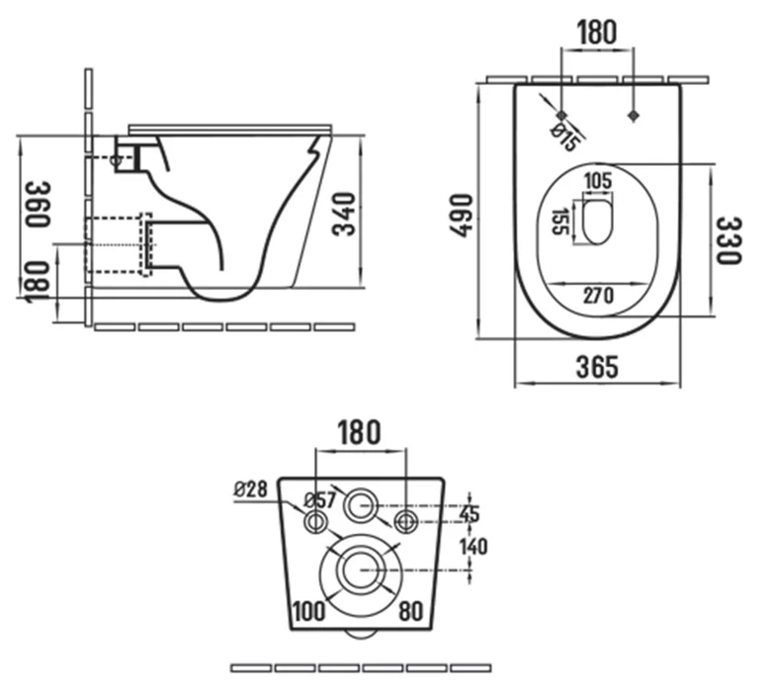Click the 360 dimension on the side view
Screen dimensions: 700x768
click(39, 204)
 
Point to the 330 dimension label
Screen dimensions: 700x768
click(728, 240)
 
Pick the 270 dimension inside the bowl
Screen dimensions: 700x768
click(597, 295)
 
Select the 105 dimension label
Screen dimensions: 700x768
click(598, 181)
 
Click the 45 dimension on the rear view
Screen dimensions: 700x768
click(470, 513)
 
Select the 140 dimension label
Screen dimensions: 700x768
click(473, 545)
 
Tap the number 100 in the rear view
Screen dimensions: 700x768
click(309, 611)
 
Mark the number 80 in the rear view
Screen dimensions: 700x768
click(411, 611)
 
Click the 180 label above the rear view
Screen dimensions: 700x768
click(359, 432)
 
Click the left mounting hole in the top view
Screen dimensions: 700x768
click(561, 115)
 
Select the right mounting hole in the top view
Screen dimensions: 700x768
click(634, 115)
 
